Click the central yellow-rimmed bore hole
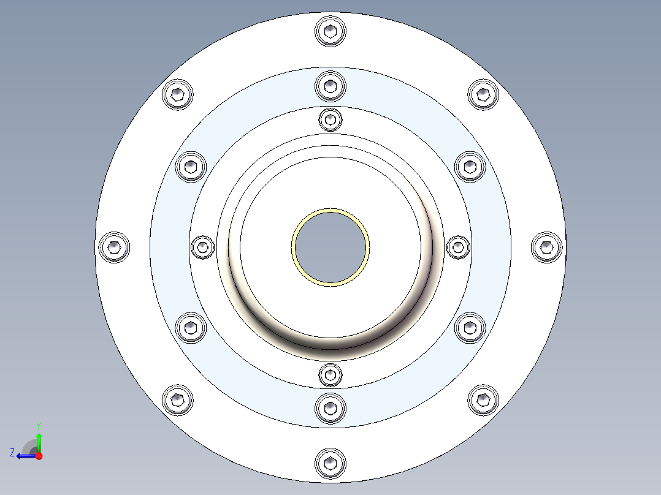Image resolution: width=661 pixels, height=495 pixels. click(x=330, y=247)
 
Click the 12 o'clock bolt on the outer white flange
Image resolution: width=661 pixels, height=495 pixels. click(x=330, y=31)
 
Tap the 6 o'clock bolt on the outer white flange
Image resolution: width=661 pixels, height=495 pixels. click(x=330, y=463)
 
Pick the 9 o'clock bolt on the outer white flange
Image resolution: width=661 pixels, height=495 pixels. click(x=114, y=247)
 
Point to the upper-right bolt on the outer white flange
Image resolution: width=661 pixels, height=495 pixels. click(x=483, y=94)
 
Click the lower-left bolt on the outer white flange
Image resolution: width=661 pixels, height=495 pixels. click(x=177, y=400)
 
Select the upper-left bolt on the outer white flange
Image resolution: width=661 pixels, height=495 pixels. click(x=177, y=94)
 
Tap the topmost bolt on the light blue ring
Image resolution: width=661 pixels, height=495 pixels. click(x=330, y=85)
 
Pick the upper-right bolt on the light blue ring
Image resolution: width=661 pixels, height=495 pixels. click(x=470, y=166)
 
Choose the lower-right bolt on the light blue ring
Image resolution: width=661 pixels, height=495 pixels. click(x=470, y=328)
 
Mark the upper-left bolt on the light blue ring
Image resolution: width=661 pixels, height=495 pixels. click(x=191, y=166)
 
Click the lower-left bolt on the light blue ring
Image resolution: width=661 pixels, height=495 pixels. click(x=191, y=328)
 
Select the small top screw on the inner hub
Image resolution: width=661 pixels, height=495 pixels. click(x=330, y=119)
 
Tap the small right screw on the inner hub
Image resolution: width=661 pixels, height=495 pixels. click(x=457, y=247)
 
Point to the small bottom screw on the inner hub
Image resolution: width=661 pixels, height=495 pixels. click(x=330, y=374)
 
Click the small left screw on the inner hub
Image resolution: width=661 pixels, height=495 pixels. click(x=202, y=247)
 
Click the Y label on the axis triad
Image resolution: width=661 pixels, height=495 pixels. click(x=38, y=425)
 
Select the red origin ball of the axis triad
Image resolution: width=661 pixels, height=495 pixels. click(x=39, y=455)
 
